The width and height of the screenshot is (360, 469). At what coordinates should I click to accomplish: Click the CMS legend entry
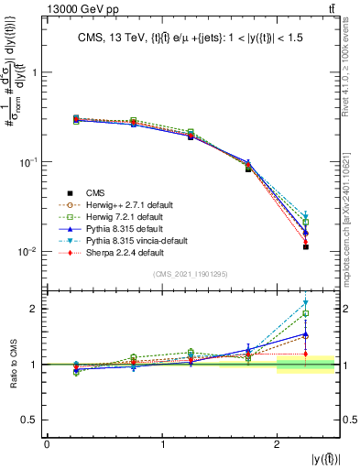94,192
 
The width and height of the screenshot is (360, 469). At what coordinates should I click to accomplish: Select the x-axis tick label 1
163,444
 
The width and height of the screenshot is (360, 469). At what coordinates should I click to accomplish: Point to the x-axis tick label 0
47,444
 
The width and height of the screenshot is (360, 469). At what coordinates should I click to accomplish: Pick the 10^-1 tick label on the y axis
27,162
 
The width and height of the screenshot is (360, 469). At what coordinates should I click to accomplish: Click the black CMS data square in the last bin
306,247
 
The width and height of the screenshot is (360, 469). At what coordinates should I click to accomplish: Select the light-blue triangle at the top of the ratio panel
306,303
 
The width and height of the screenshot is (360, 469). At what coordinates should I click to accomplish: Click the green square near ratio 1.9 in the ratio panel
306,313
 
